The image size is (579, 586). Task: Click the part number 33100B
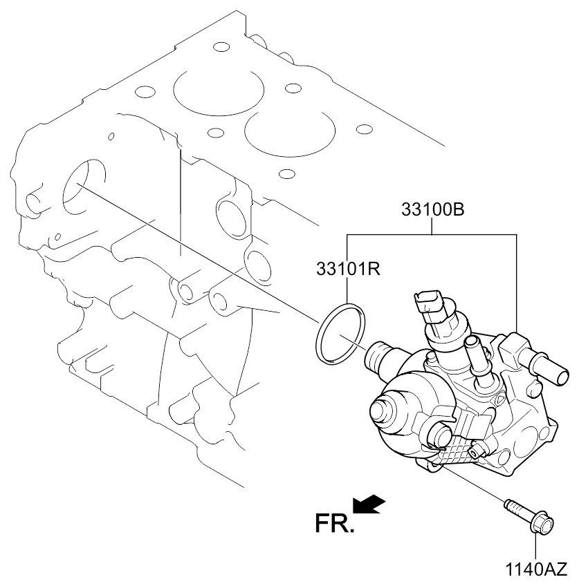pyautogui.click(x=433, y=209)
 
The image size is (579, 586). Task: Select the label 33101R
pyautogui.click(x=348, y=269)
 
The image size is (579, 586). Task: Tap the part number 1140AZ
pyautogui.click(x=536, y=569)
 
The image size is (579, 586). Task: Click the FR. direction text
pyautogui.click(x=334, y=523)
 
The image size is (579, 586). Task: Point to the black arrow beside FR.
pyautogui.click(x=369, y=504)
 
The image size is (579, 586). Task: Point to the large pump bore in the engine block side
pyautogui.click(x=84, y=188)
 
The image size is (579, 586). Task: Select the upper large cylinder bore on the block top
pyautogui.click(x=219, y=91)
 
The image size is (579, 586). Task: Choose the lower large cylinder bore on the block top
pyautogui.click(x=290, y=132)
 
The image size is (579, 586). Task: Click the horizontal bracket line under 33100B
pyautogui.click(x=432, y=235)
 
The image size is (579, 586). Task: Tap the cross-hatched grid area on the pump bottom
pyautogui.click(x=455, y=453)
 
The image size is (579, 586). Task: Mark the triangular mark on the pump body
pyautogui.click(x=499, y=401)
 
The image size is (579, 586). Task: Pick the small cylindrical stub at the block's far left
pyautogui.click(x=33, y=204)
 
